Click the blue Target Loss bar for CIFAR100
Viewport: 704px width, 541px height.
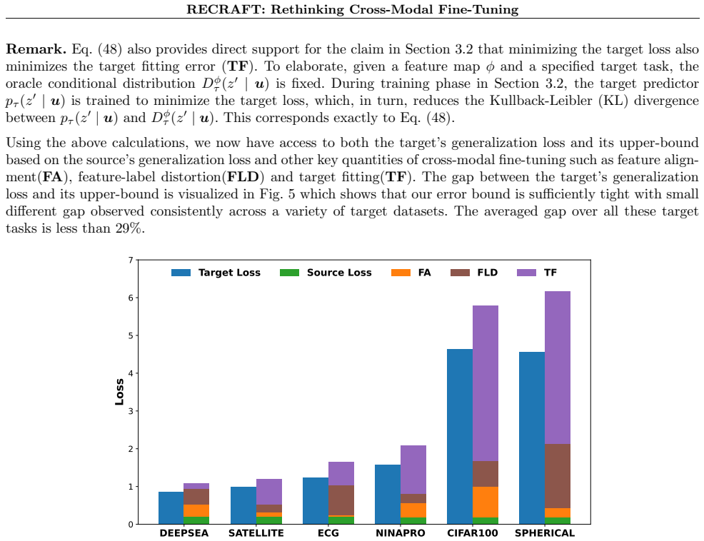(460, 436)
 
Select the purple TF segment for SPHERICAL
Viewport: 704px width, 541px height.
(558, 368)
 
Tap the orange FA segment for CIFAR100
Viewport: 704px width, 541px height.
(486, 502)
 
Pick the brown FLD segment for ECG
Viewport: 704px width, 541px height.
(341, 500)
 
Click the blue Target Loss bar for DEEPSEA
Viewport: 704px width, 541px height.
(171, 507)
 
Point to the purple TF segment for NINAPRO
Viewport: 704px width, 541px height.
(413, 470)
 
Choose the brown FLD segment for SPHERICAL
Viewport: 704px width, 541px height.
(558, 476)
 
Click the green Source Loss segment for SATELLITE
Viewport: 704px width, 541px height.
(269, 520)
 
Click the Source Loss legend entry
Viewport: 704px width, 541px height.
(326, 273)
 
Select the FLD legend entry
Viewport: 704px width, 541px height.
(474, 273)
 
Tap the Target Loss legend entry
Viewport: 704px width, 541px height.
(216, 273)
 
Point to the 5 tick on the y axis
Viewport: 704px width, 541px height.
(131, 335)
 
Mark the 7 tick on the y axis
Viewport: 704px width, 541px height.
(131, 260)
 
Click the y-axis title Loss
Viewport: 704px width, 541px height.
(119, 392)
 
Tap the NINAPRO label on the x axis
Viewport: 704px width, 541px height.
(401, 533)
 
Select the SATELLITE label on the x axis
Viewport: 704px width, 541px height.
(256, 533)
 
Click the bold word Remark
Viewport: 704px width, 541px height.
(36, 49)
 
